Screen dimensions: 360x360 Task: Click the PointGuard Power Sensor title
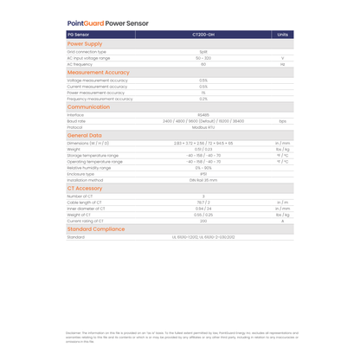point(107,23)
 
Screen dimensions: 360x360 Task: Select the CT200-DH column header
point(203,35)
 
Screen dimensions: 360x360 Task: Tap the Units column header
point(282,35)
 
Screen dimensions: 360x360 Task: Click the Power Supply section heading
point(85,43)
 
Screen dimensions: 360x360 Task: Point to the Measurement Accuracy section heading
point(98,73)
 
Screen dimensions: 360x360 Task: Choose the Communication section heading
point(89,106)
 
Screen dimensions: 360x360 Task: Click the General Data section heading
point(85,135)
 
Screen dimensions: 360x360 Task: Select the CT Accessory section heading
point(85,188)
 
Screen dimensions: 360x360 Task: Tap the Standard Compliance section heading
point(97,228)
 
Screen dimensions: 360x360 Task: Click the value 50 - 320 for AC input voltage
point(203,58)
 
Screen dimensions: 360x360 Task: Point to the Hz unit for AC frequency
point(282,64)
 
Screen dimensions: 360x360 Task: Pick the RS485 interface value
point(203,114)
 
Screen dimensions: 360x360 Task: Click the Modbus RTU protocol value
point(203,126)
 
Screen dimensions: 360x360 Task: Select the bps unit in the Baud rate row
point(282,121)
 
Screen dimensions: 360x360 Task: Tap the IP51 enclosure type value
point(203,173)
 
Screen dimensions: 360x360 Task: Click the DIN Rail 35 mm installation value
point(203,179)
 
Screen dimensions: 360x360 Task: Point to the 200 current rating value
point(203,221)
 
